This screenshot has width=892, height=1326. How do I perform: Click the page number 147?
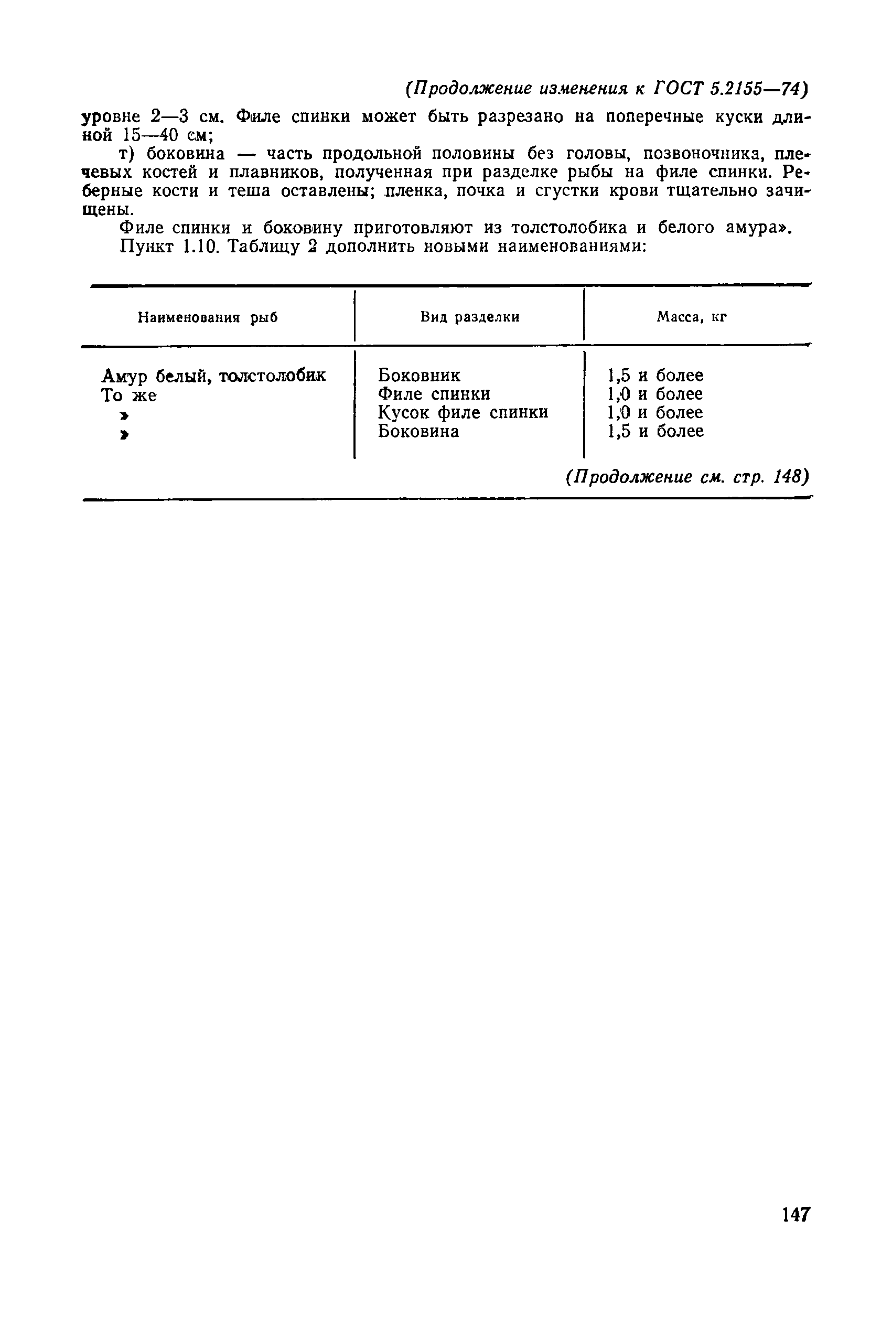[796, 1214]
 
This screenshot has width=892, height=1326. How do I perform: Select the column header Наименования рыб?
[208, 317]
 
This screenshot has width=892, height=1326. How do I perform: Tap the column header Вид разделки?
[470, 317]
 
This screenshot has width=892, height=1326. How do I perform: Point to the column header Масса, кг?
[692, 317]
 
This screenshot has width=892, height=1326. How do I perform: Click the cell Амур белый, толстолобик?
[213, 376]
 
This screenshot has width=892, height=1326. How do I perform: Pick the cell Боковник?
[420, 376]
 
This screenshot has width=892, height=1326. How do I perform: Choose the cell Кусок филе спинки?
[463, 412]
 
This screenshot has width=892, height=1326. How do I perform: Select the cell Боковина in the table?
[418, 431]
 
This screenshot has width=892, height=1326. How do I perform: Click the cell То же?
[128, 395]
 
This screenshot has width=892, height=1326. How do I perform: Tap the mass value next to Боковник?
[655, 376]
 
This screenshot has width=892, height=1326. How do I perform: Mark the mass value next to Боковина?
[655, 431]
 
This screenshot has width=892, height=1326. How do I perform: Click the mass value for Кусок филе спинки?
[655, 412]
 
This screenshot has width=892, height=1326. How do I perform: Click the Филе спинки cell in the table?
[434, 394]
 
